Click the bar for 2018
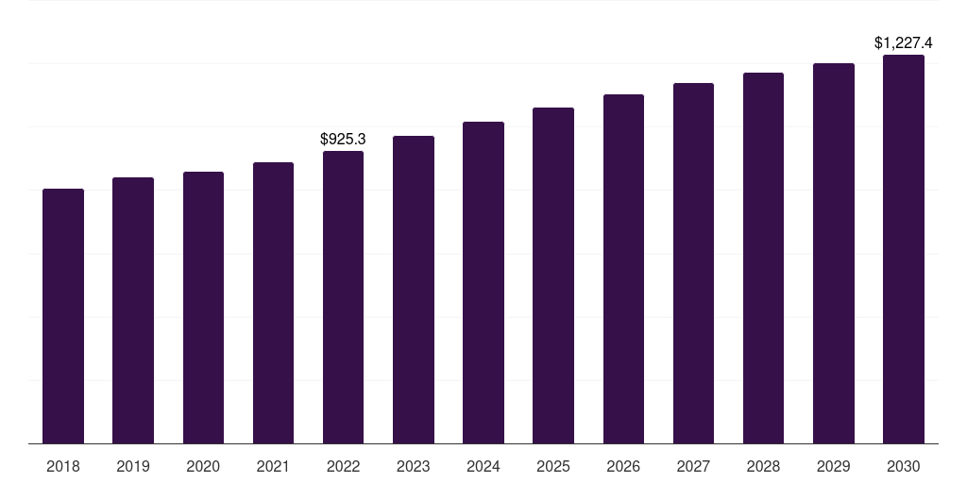point(63,316)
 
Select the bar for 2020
point(203,308)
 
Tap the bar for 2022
point(343,297)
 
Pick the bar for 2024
point(483,283)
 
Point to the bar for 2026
point(623,269)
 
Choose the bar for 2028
point(763,258)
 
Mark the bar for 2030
point(904,249)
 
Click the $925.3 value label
point(343,139)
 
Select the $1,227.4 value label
point(904,42)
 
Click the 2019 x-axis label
point(133,466)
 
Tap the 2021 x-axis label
point(273,466)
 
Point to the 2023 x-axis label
point(413,466)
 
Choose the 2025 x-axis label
point(553,466)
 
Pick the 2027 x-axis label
point(693,466)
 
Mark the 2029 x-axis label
point(833,466)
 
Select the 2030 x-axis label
point(904,466)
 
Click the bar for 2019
point(133,310)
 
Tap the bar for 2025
point(553,275)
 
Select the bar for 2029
point(833,253)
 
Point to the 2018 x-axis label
point(63,466)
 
